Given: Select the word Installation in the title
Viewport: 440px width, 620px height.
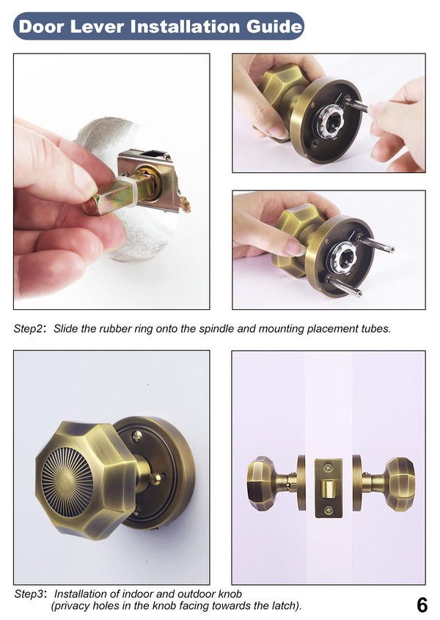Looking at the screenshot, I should [x=183, y=27].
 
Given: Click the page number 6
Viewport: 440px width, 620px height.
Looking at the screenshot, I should [x=422, y=605].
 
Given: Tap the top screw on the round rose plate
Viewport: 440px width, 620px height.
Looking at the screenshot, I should [x=136, y=437].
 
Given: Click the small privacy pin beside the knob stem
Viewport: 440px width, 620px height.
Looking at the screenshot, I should [x=154, y=479].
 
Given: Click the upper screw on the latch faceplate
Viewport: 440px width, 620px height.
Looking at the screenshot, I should [x=328, y=466].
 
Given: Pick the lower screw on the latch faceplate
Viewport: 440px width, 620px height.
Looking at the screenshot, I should [x=328, y=509].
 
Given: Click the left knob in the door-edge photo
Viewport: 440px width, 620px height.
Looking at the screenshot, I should [x=263, y=483].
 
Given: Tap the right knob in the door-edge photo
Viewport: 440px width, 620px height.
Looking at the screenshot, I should [x=398, y=484].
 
